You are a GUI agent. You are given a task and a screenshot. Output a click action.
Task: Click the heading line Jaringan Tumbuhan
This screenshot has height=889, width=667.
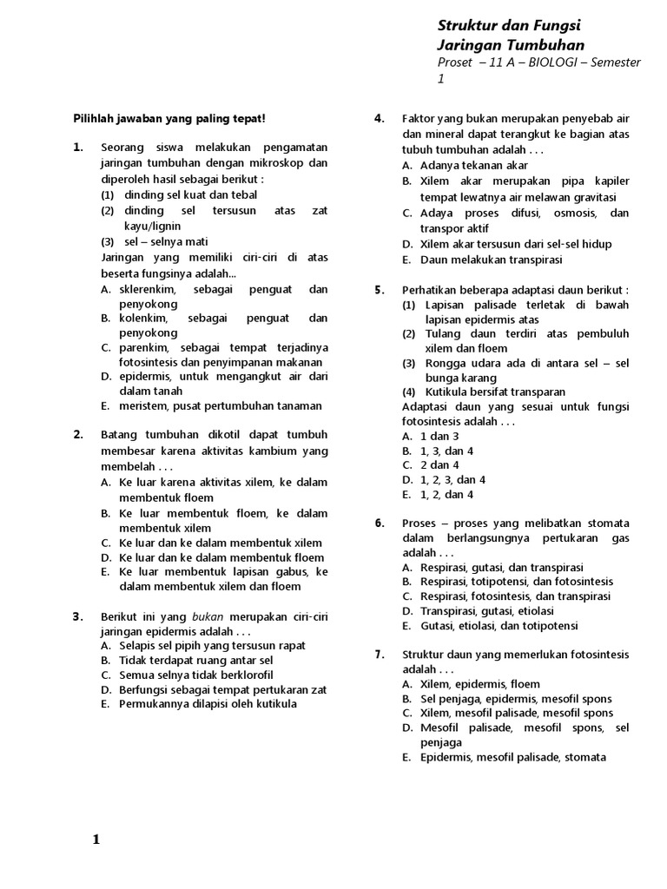pyautogui.click(x=511, y=44)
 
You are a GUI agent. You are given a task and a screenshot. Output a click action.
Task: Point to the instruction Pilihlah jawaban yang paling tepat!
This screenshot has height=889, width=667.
pyautogui.click(x=168, y=118)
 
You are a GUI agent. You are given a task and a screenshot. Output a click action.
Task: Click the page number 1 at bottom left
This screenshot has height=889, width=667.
pyautogui.click(x=96, y=840)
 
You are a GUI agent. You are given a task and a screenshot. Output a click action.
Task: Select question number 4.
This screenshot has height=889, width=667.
pyautogui.click(x=380, y=119)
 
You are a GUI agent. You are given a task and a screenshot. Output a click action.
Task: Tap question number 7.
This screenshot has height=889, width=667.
pyautogui.click(x=380, y=655)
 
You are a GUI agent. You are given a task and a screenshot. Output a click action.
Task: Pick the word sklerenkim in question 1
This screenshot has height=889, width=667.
pyautogui.click(x=148, y=289)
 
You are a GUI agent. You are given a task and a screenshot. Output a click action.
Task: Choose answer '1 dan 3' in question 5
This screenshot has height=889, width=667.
pyautogui.click(x=439, y=436)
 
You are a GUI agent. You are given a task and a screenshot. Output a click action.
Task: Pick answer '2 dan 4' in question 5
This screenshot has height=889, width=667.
pyautogui.click(x=439, y=465)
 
